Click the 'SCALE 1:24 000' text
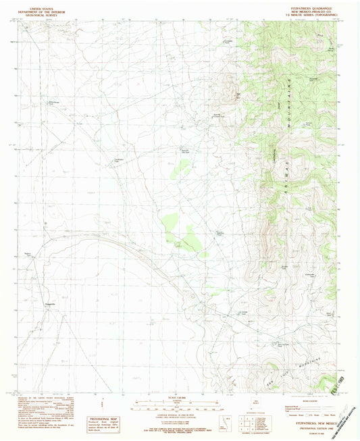[179, 396]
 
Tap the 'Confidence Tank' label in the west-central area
[118, 160]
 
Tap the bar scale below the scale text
[179, 407]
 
